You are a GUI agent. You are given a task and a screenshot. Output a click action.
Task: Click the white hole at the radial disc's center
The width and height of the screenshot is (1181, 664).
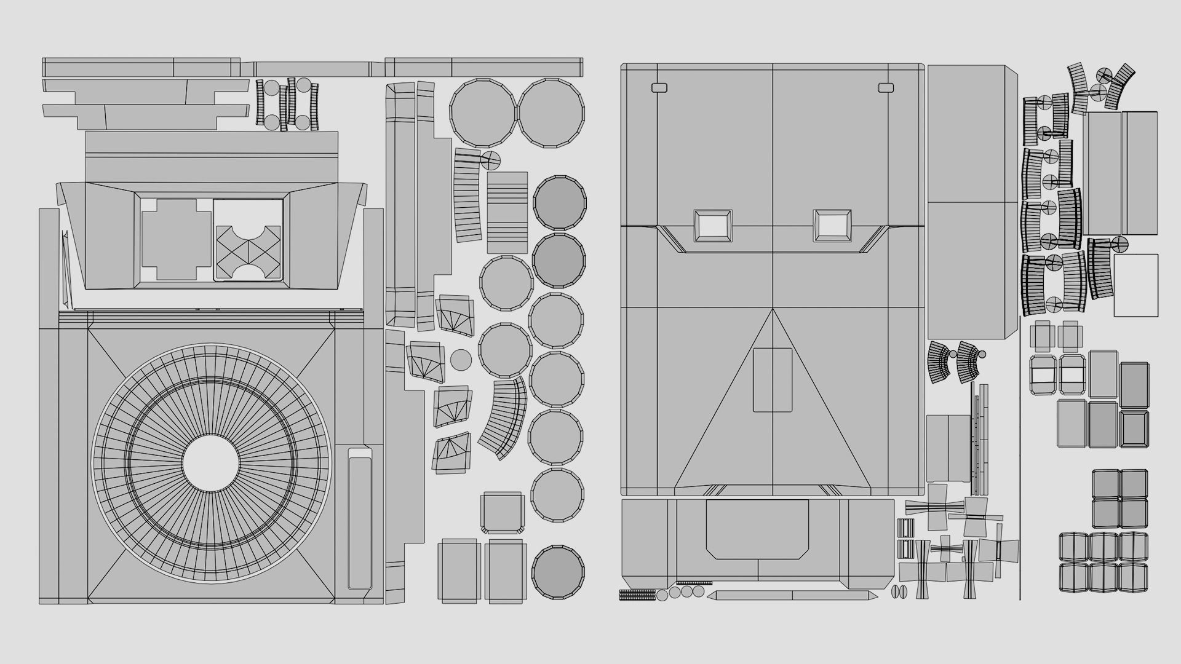pyautogui.click(x=210, y=463)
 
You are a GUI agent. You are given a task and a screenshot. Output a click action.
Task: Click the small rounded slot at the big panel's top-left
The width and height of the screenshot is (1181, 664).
pyautogui.click(x=659, y=88)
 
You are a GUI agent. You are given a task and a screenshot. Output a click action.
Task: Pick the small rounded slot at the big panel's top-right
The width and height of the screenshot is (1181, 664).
pyautogui.click(x=886, y=88)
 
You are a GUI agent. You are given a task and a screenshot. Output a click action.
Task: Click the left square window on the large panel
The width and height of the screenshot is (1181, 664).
pyautogui.click(x=713, y=226)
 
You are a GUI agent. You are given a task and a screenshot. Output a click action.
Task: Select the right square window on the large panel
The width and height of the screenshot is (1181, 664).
pyautogui.click(x=832, y=226)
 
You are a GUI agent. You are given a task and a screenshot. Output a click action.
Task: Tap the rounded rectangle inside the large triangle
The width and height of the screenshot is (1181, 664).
pyautogui.click(x=773, y=379)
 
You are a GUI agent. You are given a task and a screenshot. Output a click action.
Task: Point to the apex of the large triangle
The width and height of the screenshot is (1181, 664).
pyautogui.click(x=773, y=310)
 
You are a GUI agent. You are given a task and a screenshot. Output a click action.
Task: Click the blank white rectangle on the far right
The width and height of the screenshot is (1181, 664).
pyautogui.click(x=1135, y=285)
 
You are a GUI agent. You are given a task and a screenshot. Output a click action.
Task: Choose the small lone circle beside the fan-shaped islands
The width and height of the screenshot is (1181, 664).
pyautogui.click(x=461, y=360)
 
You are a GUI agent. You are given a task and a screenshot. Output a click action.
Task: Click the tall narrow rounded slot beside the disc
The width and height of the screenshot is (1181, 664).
pyautogui.click(x=360, y=518)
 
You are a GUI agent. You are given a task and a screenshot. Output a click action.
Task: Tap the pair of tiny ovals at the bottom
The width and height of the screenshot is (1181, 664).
pyautogui.click(x=899, y=592)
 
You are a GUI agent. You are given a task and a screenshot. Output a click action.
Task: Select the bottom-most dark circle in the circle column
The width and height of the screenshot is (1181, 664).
pyautogui.click(x=558, y=571)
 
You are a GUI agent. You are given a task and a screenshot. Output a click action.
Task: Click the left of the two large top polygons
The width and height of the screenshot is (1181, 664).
pyautogui.click(x=483, y=113)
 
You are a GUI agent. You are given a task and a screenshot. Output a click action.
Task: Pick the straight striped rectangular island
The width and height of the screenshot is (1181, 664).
pyautogui.click(x=507, y=213)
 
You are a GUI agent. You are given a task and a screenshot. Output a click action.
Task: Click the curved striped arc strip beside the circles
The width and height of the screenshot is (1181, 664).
pyautogui.click(x=504, y=419)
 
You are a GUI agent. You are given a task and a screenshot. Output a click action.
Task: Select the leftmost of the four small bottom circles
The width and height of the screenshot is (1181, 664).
pyautogui.click(x=662, y=595)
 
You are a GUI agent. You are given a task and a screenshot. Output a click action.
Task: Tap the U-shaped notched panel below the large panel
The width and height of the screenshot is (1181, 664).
pyautogui.click(x=757, y=529)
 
